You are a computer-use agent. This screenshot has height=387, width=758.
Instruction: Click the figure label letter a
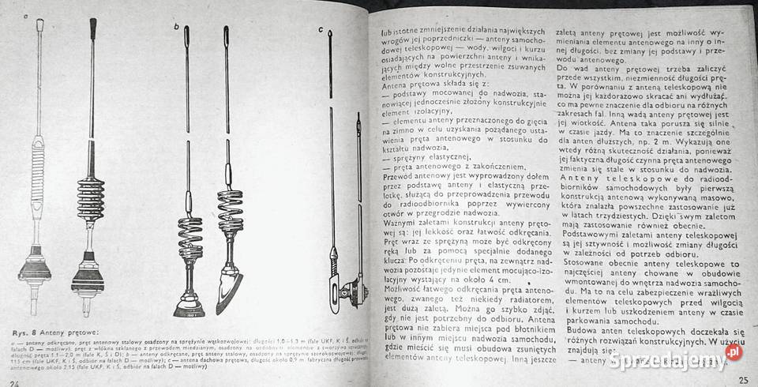[x=26, y=17]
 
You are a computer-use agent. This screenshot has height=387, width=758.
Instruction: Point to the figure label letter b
[x=176, y=28]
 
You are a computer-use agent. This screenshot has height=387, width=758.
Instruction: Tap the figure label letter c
[x=321, y=29]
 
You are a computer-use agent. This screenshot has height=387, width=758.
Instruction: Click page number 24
[x=13, y=381]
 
